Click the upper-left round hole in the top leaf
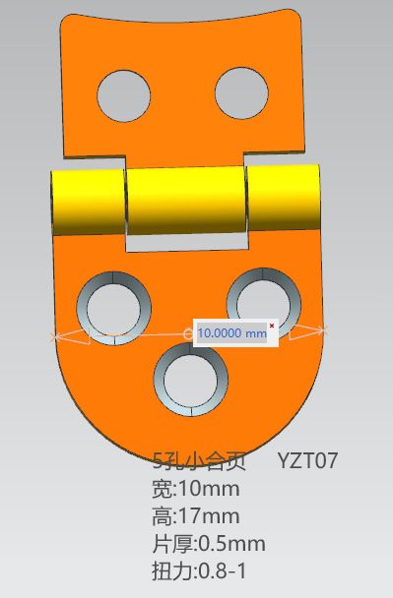pos(124,96)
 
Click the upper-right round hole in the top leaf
pos(241,93)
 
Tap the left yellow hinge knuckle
pos(89,202)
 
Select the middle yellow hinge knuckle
pos(186,201)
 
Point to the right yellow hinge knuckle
pos(283,197)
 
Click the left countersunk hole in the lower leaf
pos(114,309)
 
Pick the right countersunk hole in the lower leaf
pos(264,304)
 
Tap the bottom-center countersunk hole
pos(191,379)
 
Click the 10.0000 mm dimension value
pos(231,333)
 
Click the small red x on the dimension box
pos(272,326)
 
